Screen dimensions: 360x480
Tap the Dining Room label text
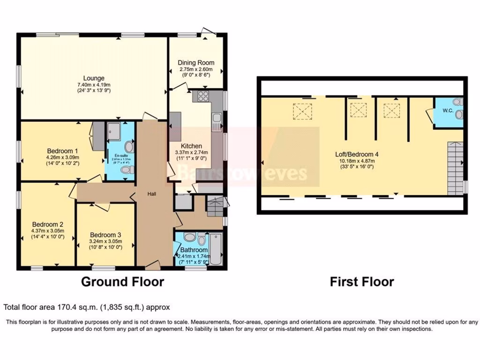[x=196, y=62]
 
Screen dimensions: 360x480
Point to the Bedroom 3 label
[x=105, y=235]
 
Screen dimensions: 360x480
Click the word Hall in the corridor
[x=151, y=194]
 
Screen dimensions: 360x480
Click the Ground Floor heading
[x=122, y=282]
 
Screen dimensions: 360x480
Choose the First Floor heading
[x=362, y=282]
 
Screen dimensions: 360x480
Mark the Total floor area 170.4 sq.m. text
[x=87, y=307]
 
